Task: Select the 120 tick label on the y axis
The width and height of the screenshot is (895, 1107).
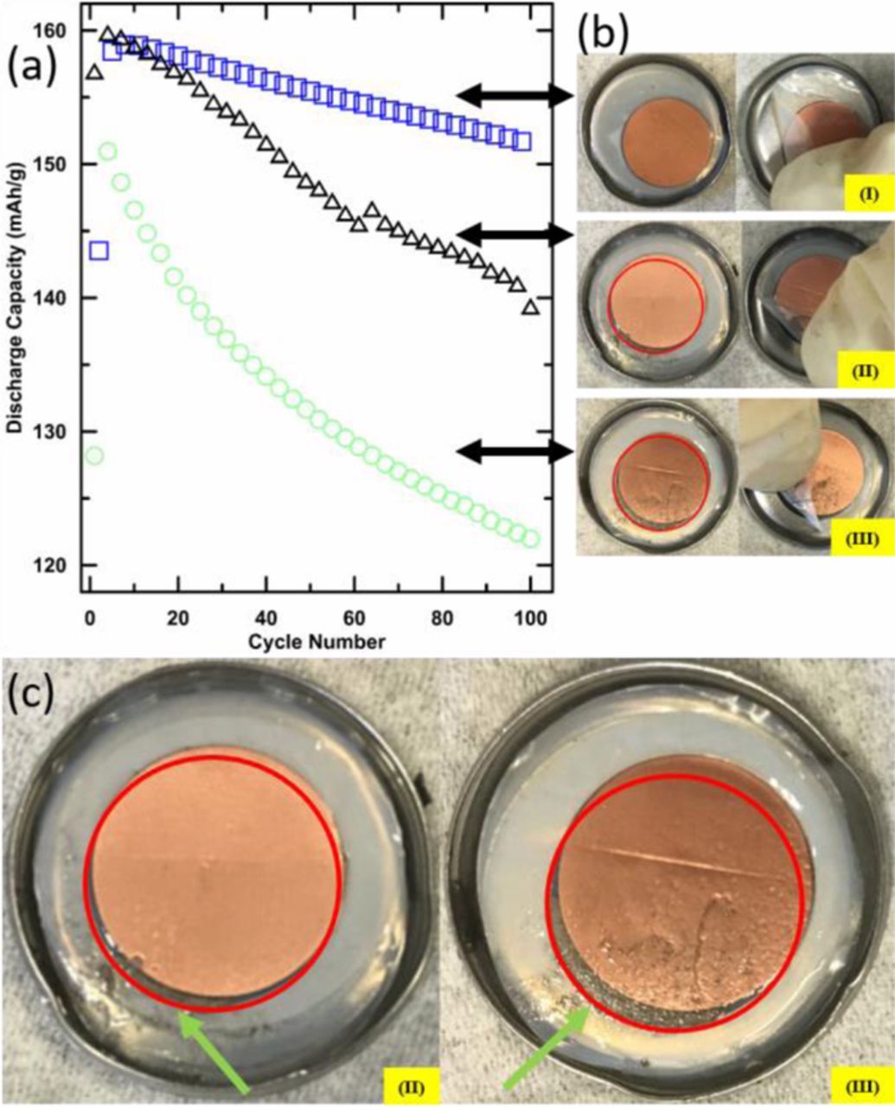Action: click(66, 566)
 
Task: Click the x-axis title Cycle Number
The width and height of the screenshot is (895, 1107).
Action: click(316, 643)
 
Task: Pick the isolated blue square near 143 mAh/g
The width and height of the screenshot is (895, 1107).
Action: click(99, 251)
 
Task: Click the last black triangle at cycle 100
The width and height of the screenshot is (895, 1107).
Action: click(530, 307)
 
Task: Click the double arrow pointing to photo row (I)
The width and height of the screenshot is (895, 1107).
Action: click(515, 96)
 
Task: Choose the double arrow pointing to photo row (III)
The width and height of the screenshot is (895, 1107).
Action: click(515, 451)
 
